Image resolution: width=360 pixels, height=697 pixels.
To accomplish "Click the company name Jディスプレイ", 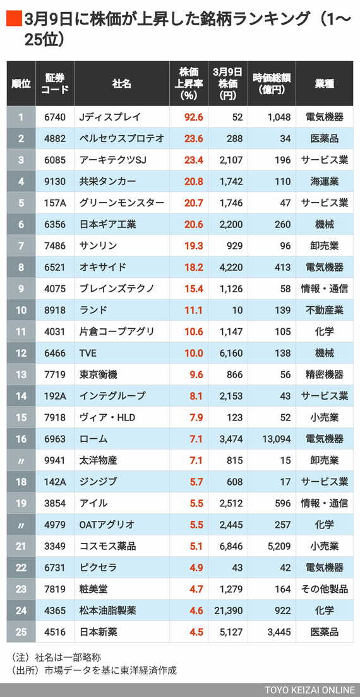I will (110, 117).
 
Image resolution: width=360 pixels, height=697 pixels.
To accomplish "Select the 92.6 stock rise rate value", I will (193, 117).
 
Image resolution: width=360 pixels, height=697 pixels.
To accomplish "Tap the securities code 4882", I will (54, 138).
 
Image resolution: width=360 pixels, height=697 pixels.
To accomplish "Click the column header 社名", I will (121, 83).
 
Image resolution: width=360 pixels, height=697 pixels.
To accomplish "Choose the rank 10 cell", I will (21, 310).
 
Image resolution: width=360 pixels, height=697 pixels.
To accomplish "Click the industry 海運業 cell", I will (324, 181).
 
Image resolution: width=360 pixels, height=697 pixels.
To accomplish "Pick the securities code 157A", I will (54, 203).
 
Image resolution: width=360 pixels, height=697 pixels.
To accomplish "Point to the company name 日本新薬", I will (99, 632).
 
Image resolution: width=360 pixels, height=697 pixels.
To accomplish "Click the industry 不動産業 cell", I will (324, 310).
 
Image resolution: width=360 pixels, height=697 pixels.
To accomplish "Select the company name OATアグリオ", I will (108, 525).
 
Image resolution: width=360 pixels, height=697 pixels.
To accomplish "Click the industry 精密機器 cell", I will (324, 374).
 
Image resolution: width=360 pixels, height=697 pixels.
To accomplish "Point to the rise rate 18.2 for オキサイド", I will (193, 267).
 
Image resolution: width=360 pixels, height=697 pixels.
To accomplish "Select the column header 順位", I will (21, 83).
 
